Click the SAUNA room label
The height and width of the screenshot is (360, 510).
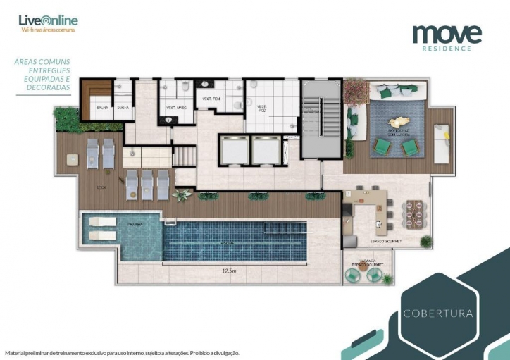pyautogui.click(x=102, y=108)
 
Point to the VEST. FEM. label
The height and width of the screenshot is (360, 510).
pyautogui.click(x=211, y=99)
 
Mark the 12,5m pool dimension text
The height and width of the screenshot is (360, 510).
pyautogui.click(x=229, y=269)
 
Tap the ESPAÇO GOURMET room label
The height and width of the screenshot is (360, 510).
pyautogui.click(x=385, y=241)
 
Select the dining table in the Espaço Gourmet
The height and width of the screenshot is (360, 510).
pyautogui.click(x=414, y=211)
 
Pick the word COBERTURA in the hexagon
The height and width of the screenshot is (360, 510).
pyautogui.click(x=437, y=312)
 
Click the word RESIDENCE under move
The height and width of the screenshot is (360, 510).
pyautogui.click(x=447, y=49)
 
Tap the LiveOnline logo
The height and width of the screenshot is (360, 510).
pyautogui.click(x=49, y=21)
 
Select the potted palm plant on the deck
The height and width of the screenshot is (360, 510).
pyautogui.click(x=182, y=194)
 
